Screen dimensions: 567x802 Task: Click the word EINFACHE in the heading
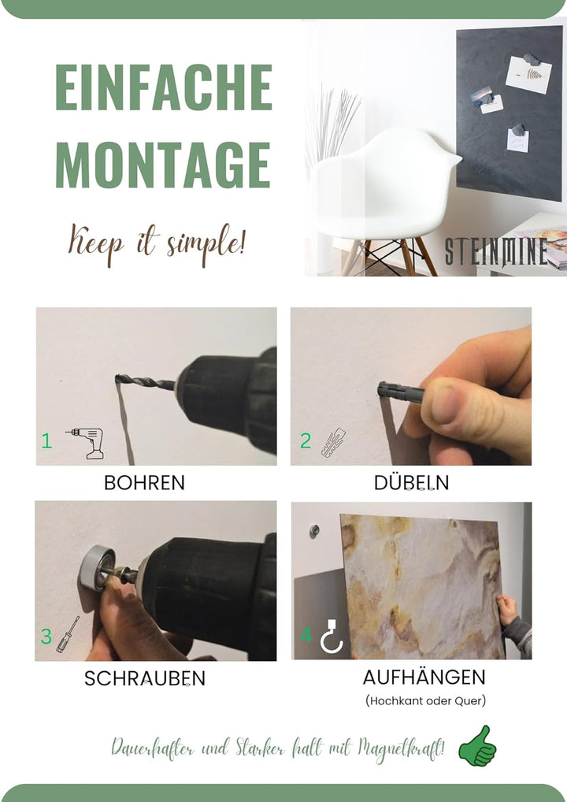[164, 87]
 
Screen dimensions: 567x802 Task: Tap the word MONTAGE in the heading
[162, 164]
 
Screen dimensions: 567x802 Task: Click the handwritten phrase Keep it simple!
[157, 243]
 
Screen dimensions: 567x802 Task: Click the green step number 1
[46, 440]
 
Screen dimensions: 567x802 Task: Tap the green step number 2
[306, 440]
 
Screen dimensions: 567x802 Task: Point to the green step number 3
[46, 636]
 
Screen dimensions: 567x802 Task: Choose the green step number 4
[306, 635]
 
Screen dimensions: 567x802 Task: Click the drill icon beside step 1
[86, 443]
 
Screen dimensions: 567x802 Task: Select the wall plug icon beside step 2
[333, 442]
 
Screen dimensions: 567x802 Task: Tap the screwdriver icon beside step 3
[68, 634]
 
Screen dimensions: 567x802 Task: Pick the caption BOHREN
[144, 483]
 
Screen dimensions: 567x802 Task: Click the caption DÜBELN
[412, 481]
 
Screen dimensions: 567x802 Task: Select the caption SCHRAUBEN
[145, 678]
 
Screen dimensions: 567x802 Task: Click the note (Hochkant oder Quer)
[425, 700]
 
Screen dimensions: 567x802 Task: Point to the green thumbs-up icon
[477, 746]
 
